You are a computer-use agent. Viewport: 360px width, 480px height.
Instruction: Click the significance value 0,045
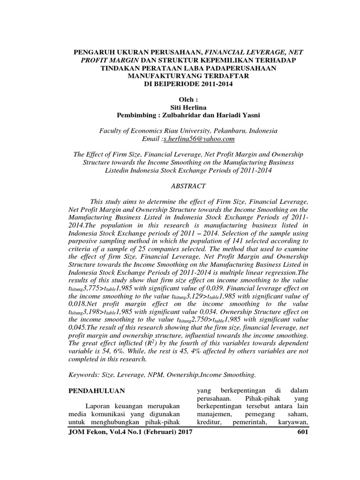point(78,328)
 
